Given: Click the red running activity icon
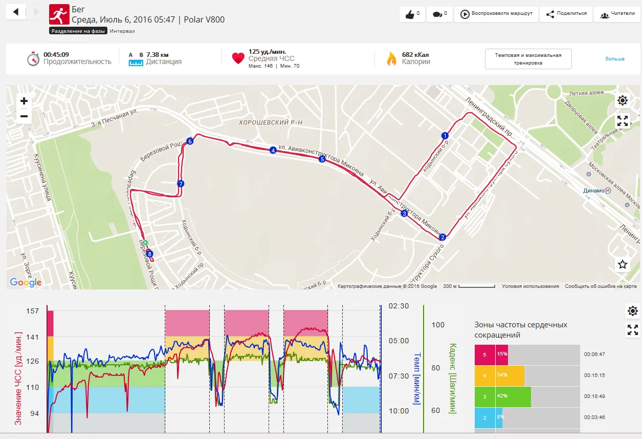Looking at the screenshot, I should pyautogui.click(x=59, y=14).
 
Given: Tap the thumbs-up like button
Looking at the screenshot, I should pyautogui.click(x=412, y=14).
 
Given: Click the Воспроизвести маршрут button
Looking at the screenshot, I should pyautogui.click(x=496, y=14).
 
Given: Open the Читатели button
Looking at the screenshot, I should pyautogui.click(x=617, y=14).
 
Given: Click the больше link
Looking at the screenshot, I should pyautogui.click(x=614, y=59).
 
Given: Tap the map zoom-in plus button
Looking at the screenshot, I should pyautogui.click(x=24, y=101).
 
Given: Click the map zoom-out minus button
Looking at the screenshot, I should pyautogui.click(x=24, y=116).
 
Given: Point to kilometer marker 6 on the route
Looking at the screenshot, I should pyautogui.click(x=190, y=141).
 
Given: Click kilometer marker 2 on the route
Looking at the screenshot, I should pyautogui.click(x=442, y=237).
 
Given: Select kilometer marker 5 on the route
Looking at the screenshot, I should pyautogui.click(x=322, y=159).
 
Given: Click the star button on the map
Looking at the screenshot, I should pyautogui.click(x=623, y=264).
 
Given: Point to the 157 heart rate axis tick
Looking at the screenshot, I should pyautogui.click(x=32, y=311).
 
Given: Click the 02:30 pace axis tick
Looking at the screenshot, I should pyautogui.click(x=399, y=306).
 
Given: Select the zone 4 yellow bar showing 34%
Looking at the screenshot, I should pyautogui.click(x=510, y=375).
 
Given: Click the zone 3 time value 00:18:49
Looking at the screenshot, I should pyautogui.click(x=594, y=396).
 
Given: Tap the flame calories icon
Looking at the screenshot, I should pyautogui.click(x=391, y=58).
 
